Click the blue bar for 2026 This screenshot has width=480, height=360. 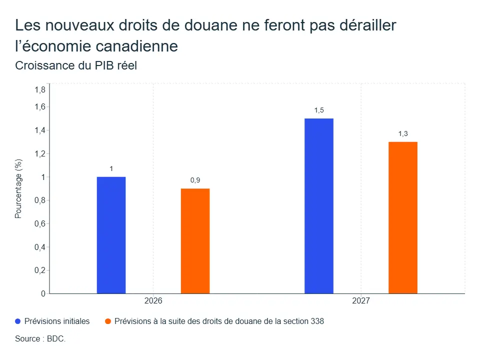pyautogui.click(x=111, y=235)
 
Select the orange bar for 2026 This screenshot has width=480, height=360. pyautogui.click(x=195, y=241)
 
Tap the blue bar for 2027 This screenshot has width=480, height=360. pyautogui.click(x=319, y=206)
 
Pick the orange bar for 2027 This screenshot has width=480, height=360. pyautogui.click(x=403, y=217)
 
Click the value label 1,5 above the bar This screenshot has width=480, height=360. pyautogui.click(x=319, y=110)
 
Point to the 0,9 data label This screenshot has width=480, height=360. pyautogui.click(x=195, y=180)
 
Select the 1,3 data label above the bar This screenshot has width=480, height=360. pyautogui.click(x=403, y=134)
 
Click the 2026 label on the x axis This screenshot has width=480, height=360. pyautogui.click(x=153, y=300)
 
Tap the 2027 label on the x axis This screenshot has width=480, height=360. pyautogui.click(x=361, y=300)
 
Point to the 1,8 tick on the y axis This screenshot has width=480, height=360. pyautogui.click(x=40, y=89)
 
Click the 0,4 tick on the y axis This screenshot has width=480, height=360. pyautogui.click(x=40, y=247)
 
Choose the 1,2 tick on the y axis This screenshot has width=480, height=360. pyautogui.click(x=40, y=153)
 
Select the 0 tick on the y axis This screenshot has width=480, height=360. pyautogui.click(x=43, y=294)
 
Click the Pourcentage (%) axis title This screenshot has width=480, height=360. pyautogui.click(x=18, y=188)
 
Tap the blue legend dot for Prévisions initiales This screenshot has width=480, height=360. pyautogui.click(x=18, y=321)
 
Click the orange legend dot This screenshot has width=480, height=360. pyautogui.click(x=108, y=321)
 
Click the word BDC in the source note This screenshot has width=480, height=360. pyautogui.click(x=55, y=339)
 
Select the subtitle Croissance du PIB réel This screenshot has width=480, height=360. pyautogui.click(x=76, y=65)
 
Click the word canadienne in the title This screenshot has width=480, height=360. pyautogui.click(x=137, y=46)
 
